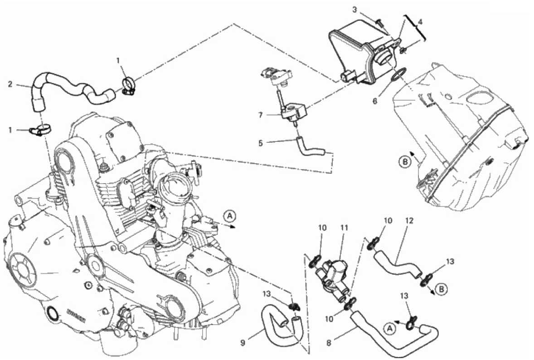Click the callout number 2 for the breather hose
10,83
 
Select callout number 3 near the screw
354,10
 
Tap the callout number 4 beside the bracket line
420,22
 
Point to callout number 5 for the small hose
261,143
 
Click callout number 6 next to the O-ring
375,101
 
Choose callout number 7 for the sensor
261,116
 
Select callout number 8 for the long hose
329,343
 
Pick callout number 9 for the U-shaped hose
243,343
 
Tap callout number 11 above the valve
345,228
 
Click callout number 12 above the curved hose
409,221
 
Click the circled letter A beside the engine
230,215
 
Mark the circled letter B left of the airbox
405,162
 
